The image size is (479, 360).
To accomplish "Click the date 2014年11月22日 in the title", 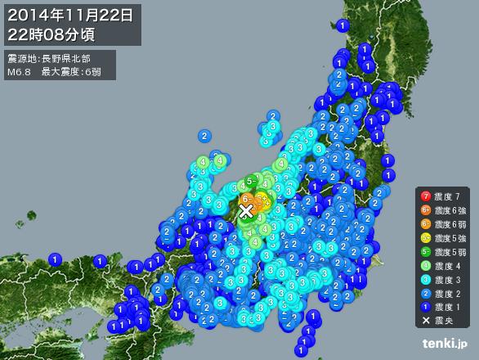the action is coord(72,14).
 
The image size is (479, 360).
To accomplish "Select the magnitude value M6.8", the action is coord(19,73).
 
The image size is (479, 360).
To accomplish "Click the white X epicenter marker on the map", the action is coord(245,211).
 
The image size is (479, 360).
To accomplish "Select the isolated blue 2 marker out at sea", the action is coord(204,136).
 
